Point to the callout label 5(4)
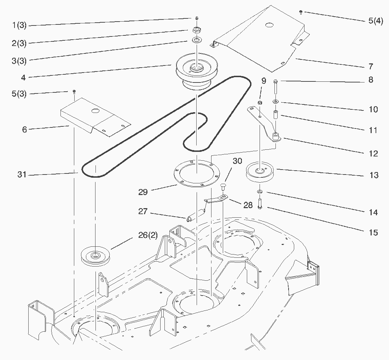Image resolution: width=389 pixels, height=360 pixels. point(375,21)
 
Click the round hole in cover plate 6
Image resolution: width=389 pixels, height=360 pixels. point(94,111)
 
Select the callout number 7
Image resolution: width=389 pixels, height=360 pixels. point(370,67)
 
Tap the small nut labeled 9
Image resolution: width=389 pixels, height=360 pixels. point(260,103)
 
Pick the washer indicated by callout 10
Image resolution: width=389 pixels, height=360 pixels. point(275,102)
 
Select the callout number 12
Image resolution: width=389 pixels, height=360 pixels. point(373,154)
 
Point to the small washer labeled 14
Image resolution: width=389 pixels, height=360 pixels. point(260,192)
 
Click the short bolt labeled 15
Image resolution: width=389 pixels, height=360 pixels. point(261,203)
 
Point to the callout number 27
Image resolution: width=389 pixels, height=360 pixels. point(143,212)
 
